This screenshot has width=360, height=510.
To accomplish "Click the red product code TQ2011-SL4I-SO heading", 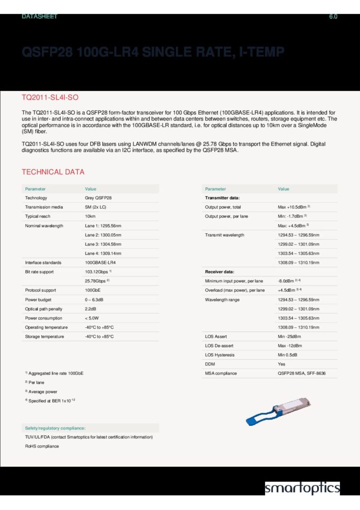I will [x=50, y=97].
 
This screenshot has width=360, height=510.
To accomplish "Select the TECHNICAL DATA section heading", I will [x=53, y=172].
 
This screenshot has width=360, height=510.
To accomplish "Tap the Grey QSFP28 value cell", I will [x=98, y=198].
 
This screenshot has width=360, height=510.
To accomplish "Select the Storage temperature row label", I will [x=44, y=336].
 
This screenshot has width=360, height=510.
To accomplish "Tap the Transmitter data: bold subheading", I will [x=222, y=198].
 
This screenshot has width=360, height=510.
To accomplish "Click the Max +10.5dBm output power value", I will [x=294, y=207].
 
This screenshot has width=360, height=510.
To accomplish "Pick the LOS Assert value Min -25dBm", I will [x=289, y=336].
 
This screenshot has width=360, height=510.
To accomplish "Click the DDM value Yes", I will [x=281, y=364].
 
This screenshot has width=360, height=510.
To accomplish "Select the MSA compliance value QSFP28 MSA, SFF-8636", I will [x=301, y=373].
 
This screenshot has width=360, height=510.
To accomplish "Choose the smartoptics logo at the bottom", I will [x=302, y=488].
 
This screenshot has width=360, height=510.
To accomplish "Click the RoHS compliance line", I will [x=42, y=446].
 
